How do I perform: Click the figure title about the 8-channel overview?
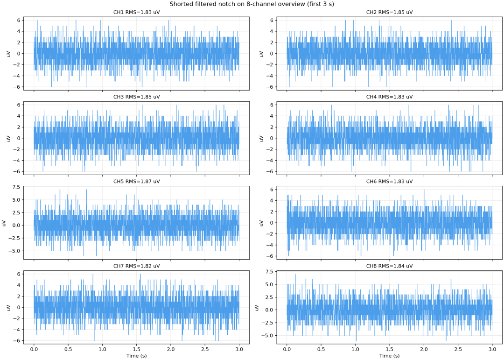pos(252,4)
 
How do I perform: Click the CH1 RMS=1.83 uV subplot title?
pos(136,12)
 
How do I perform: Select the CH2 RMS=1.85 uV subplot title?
pos(389,12)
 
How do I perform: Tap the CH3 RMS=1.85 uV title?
pos(136,97)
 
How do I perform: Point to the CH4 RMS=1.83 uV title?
pos(389,97)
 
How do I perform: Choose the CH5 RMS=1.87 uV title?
pos(136,182)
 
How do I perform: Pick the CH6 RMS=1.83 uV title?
pos(389,182)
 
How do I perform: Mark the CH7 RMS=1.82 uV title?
pos(136,266)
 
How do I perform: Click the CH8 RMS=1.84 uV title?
pos(389,266)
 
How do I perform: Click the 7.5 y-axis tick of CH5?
pos(16,187)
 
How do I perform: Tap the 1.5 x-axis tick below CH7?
pos(136,349)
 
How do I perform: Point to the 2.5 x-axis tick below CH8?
pos(458,349)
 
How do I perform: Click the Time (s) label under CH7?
pos(136,355)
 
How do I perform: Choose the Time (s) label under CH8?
pos(389,355)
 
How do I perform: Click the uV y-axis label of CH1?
pos(9,53)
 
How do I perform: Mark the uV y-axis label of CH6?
pos(261,223)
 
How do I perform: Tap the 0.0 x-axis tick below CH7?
pos(34,349)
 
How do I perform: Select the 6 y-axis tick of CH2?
pos(272,20)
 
